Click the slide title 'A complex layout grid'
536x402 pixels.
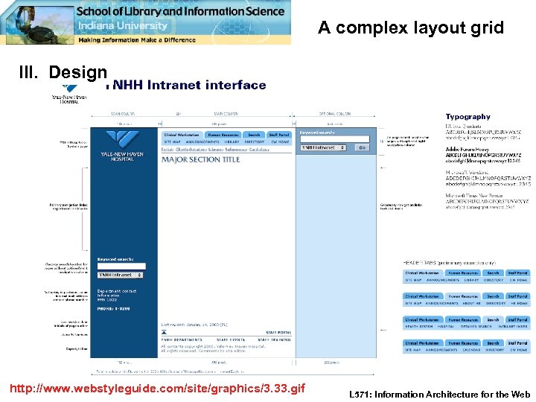(x=411, y=28)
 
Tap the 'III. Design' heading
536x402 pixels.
(x=63, y=72)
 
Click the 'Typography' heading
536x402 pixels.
(x=468, y=117)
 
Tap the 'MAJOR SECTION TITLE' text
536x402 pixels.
(x=201, y=159)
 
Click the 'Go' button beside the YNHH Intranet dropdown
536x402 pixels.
(x=362, y=147)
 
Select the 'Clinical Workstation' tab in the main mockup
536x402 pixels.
(x=181, y=135)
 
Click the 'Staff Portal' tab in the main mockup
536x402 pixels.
(x=279, y=135)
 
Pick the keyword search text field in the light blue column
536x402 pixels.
(x=334, y=139)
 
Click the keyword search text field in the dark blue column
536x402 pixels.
(x=121, y=266)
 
